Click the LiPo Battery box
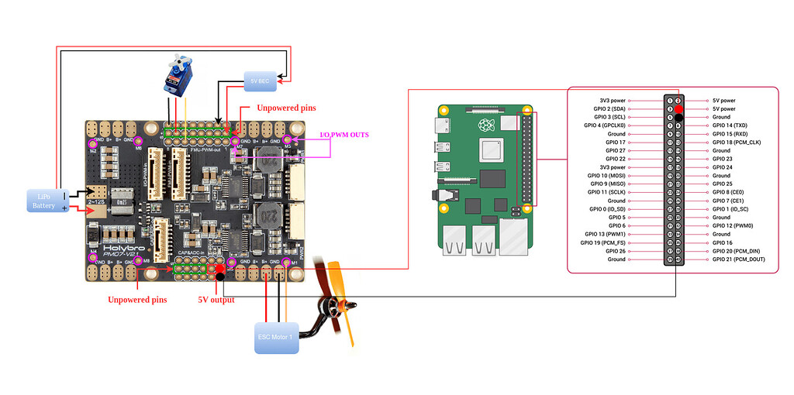(44, 201)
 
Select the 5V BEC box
(258, 80)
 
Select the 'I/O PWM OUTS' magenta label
(344, 135)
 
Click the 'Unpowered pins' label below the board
(137, 300)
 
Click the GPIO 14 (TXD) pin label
(729, 125)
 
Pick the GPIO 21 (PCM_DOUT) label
(738, 259)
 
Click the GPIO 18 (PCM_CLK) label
(737, 143)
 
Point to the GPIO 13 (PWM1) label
(605, 234)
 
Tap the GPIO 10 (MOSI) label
(606, 176)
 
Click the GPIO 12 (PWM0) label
(732, 225)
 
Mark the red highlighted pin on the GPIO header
(678, 109)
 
